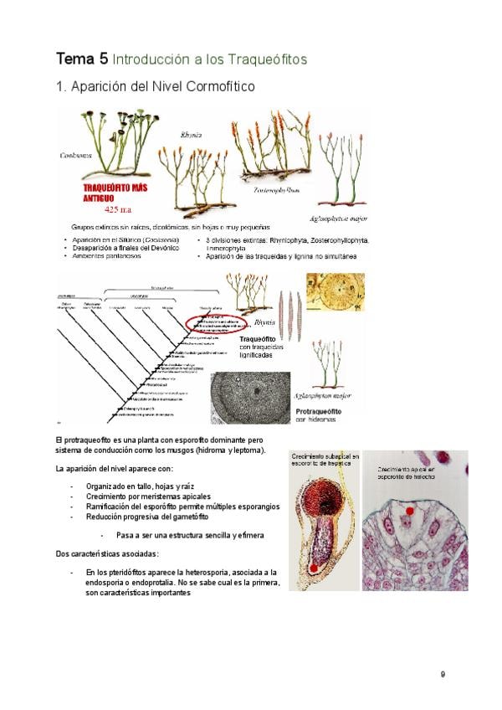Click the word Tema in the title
click(x=74, y=59)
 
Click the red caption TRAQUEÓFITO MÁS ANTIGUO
click(x=120, y=193)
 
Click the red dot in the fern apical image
click(x=410, y=510)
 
